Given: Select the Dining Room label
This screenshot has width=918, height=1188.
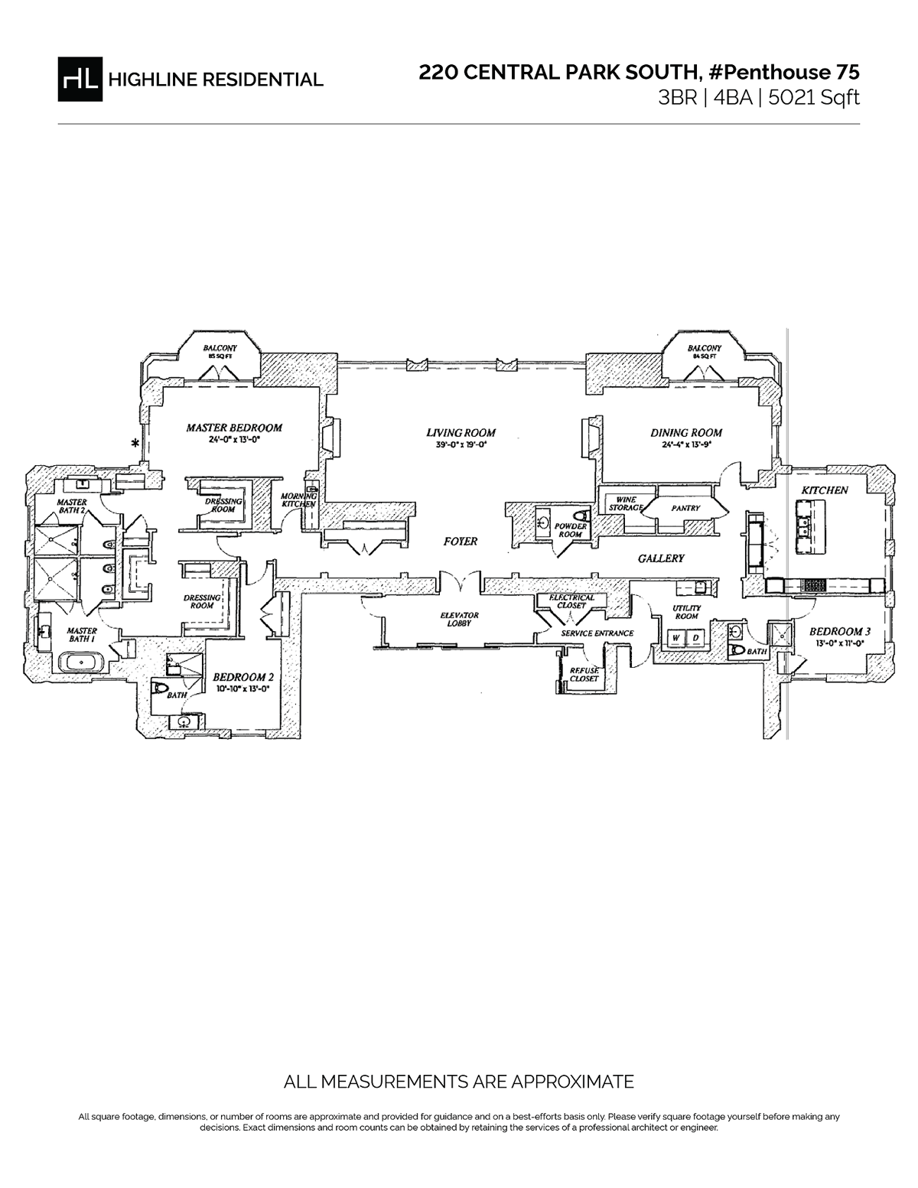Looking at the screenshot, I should coord(686,432).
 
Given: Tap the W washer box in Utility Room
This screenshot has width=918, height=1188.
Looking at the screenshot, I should coord(676,639).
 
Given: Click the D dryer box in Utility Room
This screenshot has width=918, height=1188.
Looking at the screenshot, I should coord(695,639).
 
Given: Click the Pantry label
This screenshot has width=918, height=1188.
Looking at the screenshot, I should coord(685,508).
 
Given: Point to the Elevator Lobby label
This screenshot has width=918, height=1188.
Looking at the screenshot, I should coord(459,619).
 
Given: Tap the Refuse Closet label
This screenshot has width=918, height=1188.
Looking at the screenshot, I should coord(584,674).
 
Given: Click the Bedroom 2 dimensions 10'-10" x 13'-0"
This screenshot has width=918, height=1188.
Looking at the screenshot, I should coord(243,688).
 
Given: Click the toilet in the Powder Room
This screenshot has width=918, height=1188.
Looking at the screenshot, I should coord(579,515).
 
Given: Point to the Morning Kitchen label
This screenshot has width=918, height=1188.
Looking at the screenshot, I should coord(298,500).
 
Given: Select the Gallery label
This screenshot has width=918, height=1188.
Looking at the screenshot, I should coord(660,558).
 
